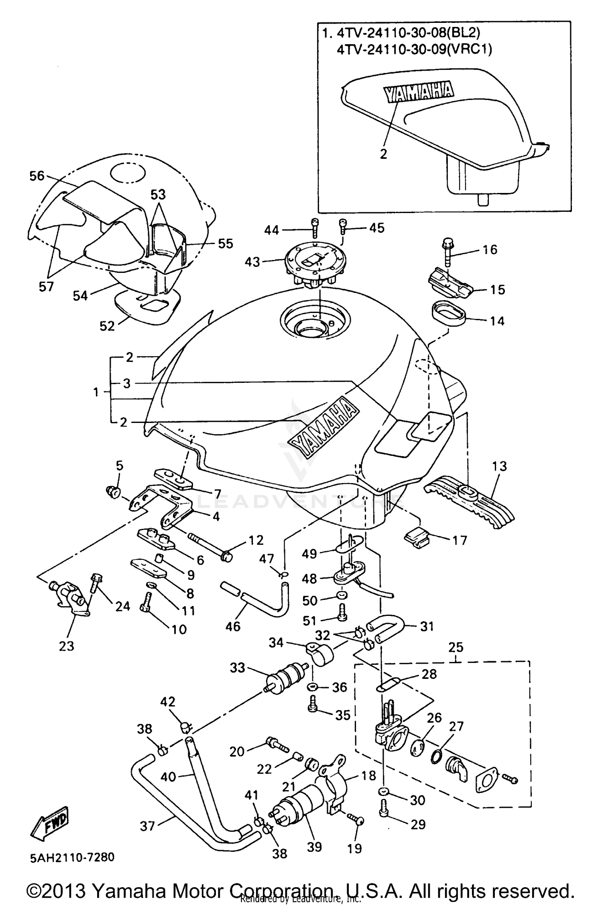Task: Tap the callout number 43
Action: click(252, 262)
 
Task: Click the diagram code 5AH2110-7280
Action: click(72, 857)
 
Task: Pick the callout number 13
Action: click(499, 466)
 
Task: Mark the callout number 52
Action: click(107, 326)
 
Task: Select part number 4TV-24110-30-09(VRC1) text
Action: click(414, 49)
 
